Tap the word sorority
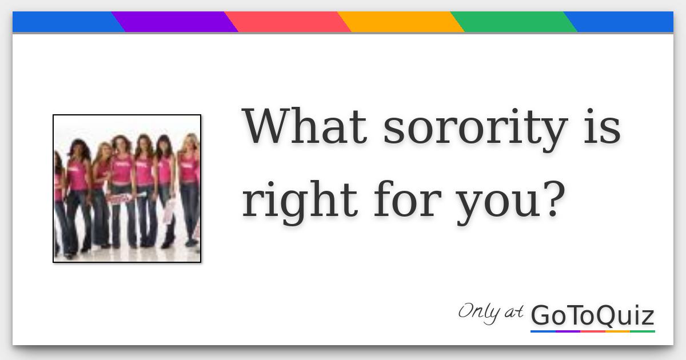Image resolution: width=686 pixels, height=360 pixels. pos(475,128)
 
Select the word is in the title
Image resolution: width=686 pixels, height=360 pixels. pos(603,126)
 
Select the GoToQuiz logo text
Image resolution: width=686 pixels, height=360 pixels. pos(592,315)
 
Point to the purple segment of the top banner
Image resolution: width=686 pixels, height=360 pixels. pos(174,22)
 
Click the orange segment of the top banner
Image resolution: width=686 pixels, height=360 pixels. pos(400,22)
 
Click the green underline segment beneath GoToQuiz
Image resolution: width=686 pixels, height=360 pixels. pos(642,331)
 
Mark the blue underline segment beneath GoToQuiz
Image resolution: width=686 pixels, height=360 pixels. pos(543,331)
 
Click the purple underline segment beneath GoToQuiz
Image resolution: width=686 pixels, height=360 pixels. pos(568,331)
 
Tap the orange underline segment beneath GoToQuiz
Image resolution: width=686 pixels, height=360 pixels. pos(617,331)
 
